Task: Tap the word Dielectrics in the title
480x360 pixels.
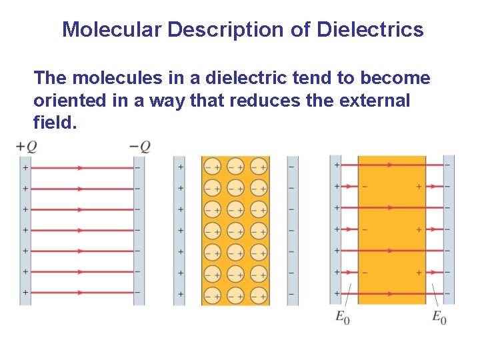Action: tap(370, 30)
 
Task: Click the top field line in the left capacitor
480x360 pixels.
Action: tap(81, 167)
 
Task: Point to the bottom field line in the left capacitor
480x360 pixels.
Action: tap(81, 293)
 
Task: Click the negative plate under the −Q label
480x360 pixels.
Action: tap(139, 230)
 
